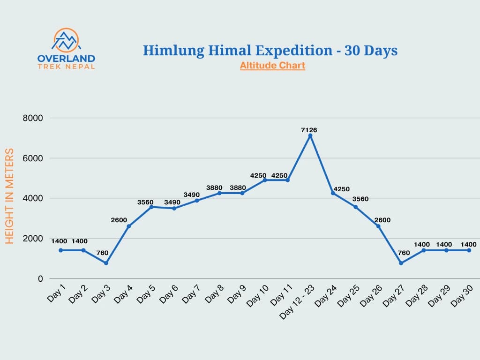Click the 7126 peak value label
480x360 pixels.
tap(309, 130)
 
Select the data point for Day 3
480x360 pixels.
tap(106, 263)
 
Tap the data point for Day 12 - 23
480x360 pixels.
tap(310, 136)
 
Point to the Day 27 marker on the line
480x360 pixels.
tap(401, 263)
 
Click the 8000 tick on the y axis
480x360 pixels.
tap(33, 118)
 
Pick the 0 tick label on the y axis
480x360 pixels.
tap(40, 278)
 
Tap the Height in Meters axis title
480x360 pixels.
tap(10, 196)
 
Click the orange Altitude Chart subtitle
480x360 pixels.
tap(272, 66)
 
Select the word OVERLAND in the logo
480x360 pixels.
tap(66, 59)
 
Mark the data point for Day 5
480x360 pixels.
tap(151, 207)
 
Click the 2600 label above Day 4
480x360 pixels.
tap(119, 220)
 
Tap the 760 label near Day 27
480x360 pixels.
tap(404, 253)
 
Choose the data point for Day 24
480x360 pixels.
tap(333, 193)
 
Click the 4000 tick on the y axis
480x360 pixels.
tap(33, 198)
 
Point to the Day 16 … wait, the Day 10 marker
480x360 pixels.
tap(265, 180)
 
